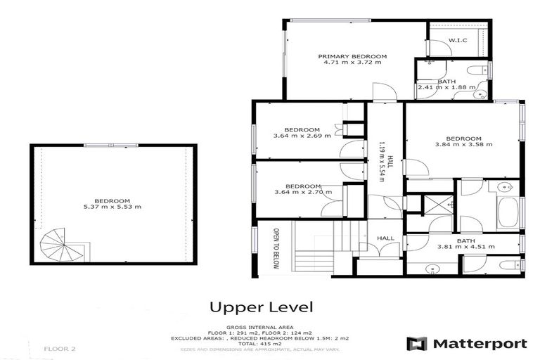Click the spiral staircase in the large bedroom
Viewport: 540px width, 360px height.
(x=56, y=247)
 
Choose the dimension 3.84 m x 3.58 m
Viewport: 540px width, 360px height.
(x=463, y=145)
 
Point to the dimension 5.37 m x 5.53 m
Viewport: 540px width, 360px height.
(x=112, y=207)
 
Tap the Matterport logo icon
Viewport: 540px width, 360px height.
(x=418, y=344)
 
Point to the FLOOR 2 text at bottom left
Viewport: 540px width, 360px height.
(x=59, y=348)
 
